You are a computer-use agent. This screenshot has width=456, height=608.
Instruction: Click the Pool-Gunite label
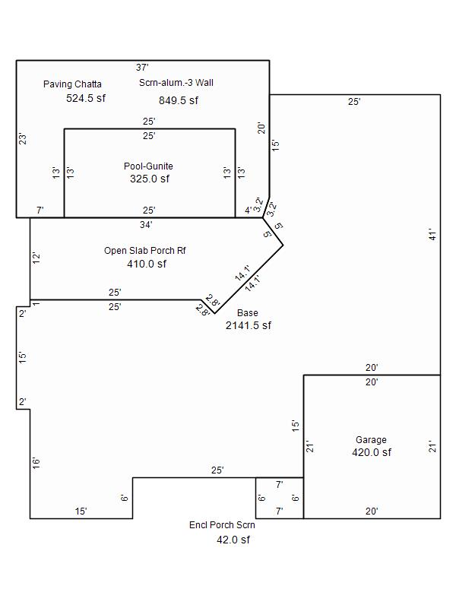tap(148, 166)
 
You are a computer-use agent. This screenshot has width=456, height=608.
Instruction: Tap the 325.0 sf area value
tap(150, 179)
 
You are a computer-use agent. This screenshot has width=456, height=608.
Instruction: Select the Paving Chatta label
tap(72, 84)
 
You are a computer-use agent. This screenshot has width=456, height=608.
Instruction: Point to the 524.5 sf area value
tap(86, 98)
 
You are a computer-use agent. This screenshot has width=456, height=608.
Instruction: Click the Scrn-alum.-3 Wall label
tap(176, 83)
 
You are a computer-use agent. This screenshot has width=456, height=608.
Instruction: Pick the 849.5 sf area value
tap(179, 100)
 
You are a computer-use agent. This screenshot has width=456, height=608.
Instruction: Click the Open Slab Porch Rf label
tap(145, 250)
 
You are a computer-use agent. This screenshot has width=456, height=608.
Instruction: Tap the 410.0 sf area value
tap(147, 264)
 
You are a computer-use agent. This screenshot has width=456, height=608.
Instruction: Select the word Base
tap(247, 312)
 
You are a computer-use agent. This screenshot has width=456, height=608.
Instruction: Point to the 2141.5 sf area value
tap(249, 325)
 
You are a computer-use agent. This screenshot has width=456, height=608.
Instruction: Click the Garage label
tap(371, 439)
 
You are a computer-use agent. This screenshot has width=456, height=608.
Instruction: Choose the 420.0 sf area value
tap(372, 452)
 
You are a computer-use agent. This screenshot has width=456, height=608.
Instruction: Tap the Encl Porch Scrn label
tap(222, 525)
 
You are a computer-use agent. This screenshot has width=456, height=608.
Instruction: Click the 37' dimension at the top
tap(142, 68)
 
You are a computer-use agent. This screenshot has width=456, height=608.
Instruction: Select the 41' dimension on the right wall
tap(431, 235)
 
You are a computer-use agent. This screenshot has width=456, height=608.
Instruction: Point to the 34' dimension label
tap(146, 225)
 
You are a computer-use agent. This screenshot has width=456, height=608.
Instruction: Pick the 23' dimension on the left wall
tap(23, 139)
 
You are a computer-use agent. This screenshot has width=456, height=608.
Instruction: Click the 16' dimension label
tap(36, 462)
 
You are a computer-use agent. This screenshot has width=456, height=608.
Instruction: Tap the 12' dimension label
tap(36, 258)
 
